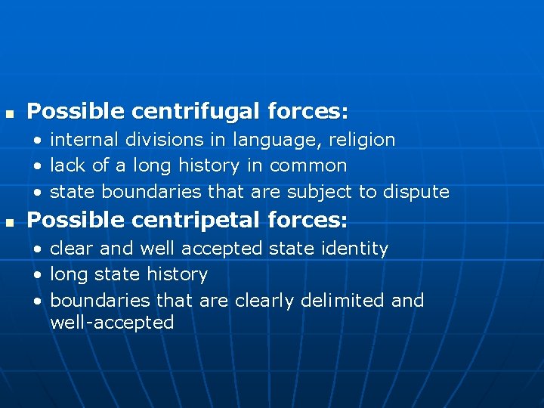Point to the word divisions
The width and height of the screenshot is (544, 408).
tap(159, 140)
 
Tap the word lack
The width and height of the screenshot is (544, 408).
tap(65, 165)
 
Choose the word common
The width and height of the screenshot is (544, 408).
tap(308, 165)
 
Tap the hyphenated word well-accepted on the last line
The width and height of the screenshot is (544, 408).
tap(112, 323)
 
